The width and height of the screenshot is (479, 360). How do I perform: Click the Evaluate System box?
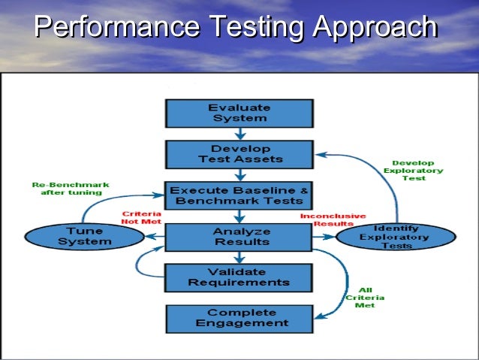[x=238, y=113]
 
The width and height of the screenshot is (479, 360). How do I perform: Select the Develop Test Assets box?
[x=238, y=154]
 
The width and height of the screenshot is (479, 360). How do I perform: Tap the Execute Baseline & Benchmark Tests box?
[x=239, y=195]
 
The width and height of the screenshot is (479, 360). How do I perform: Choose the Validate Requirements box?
[x=238, y=277]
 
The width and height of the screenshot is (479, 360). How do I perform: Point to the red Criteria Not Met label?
[x=142, y=217]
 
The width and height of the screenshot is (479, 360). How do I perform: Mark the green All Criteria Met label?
[x=365, y=298]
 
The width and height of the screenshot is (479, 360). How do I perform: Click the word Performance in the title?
[x=116, y=29]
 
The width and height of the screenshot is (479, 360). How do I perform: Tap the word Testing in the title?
[x=255, y=29]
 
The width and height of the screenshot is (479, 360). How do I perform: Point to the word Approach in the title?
[x=375, y=29]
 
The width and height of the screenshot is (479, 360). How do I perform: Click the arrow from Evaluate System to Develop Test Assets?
[x=239, y=134]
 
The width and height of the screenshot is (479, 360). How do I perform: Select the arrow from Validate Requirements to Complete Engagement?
[x=239, y=297]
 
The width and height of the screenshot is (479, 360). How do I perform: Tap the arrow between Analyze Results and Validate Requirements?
[x=239, y=257]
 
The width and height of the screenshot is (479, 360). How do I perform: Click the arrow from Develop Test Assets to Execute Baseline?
[x=239, y=175]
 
